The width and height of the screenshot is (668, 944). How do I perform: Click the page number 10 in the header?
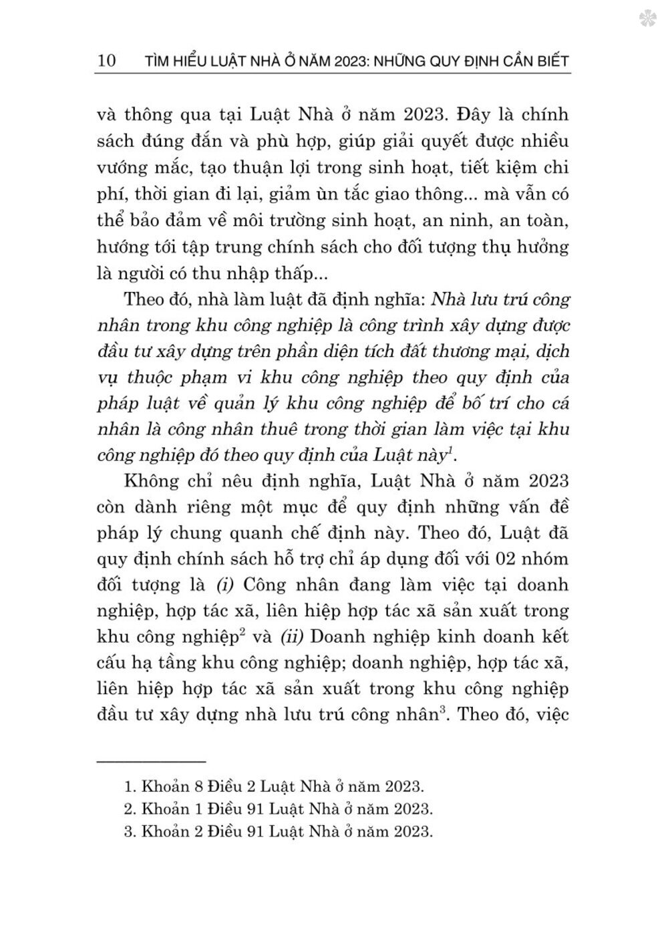[106, 61]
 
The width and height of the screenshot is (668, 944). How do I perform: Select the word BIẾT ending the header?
[550, 61]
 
